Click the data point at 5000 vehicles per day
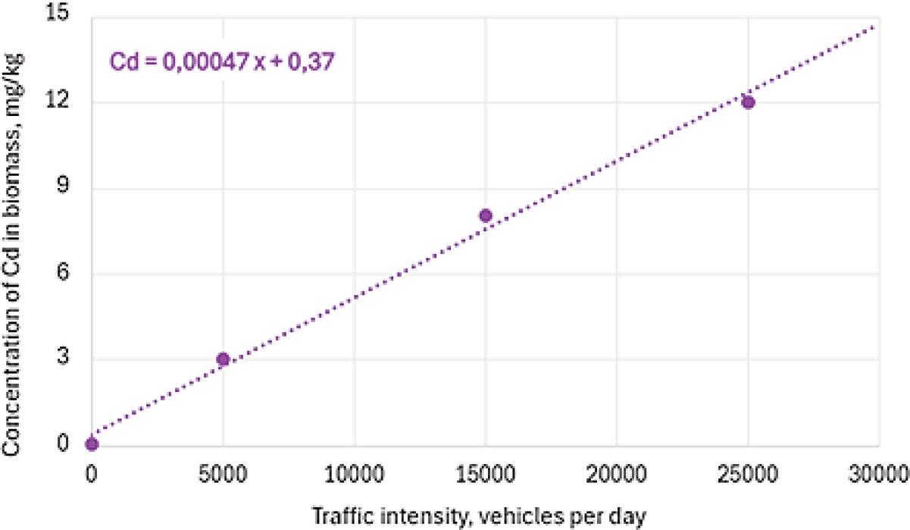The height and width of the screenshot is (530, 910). point(223,359)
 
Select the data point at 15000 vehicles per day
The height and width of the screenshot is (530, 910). point(486,215)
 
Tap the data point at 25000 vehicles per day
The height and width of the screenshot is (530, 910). point(749,102)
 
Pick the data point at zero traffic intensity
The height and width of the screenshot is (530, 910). point(92,444)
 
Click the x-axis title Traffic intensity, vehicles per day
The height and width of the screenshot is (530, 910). point(479,517)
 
